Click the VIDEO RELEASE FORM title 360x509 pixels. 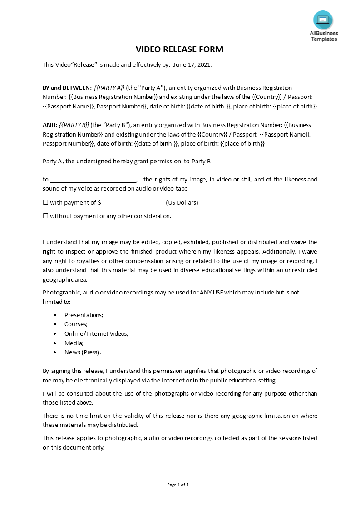[x=180, y=49]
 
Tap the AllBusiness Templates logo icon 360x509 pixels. [x=323, y=20]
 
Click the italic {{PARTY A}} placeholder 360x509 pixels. [x=109, y=88]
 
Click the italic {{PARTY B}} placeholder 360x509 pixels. [x=74, y=125]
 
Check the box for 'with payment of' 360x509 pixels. [x=45, y=203]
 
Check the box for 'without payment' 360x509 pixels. [x=45, y=216]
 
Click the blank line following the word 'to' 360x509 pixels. [x=93, y=180]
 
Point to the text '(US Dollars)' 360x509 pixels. [x=182, y=203]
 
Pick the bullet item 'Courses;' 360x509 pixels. [x=76, y=324]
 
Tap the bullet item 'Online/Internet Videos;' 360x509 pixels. [x=96, y=333]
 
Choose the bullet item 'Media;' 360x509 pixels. [x=74, y=343]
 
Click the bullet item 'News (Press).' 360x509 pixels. [x=83, y=352]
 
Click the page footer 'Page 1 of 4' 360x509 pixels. [x=178, y=485]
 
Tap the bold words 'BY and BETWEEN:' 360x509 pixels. [x=67, y=88]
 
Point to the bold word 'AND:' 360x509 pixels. [x=50, y=125]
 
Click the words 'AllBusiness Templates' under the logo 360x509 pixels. [x=324, y=36]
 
